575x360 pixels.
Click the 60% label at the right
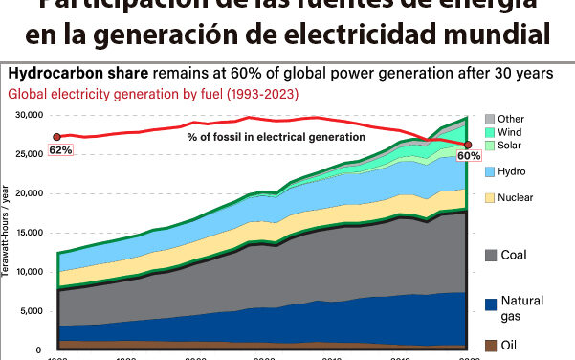[470, 155]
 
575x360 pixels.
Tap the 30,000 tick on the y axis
[30, 114]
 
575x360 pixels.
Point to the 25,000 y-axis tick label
[30, 153]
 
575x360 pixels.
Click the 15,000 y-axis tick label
[30, 233]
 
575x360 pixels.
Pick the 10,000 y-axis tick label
[30, 272]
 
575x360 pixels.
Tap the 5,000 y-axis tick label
[33, 311]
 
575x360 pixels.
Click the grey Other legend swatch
[489, 118]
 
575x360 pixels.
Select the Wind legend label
[511, 131]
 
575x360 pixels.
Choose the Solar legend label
[512, 145]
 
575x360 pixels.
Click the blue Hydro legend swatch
[489, 170]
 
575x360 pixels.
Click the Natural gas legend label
[523, 308]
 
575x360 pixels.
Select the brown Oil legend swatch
[489, 344]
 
